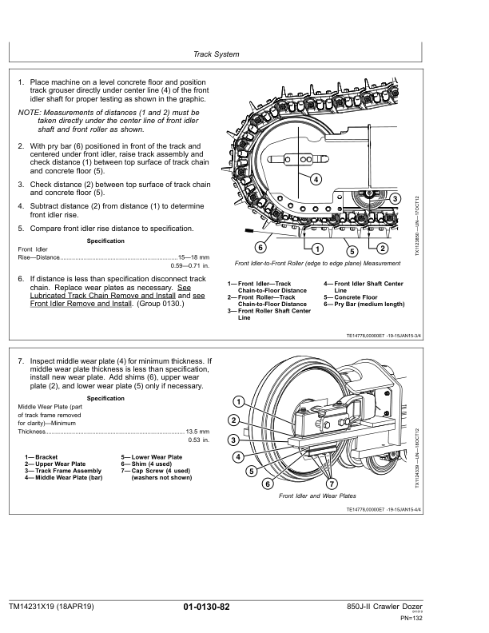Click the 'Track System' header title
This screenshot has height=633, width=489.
coord(216,54)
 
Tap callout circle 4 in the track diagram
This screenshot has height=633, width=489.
coord(316,178)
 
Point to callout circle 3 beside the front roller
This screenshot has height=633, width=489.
coord(396,198)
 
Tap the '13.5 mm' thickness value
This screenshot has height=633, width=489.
coord(197,431)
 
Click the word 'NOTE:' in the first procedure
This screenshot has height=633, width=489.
coord(30,113)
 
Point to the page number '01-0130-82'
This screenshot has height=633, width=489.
coord(206,607)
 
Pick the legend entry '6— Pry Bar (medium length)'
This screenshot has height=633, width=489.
coord(364,305)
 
